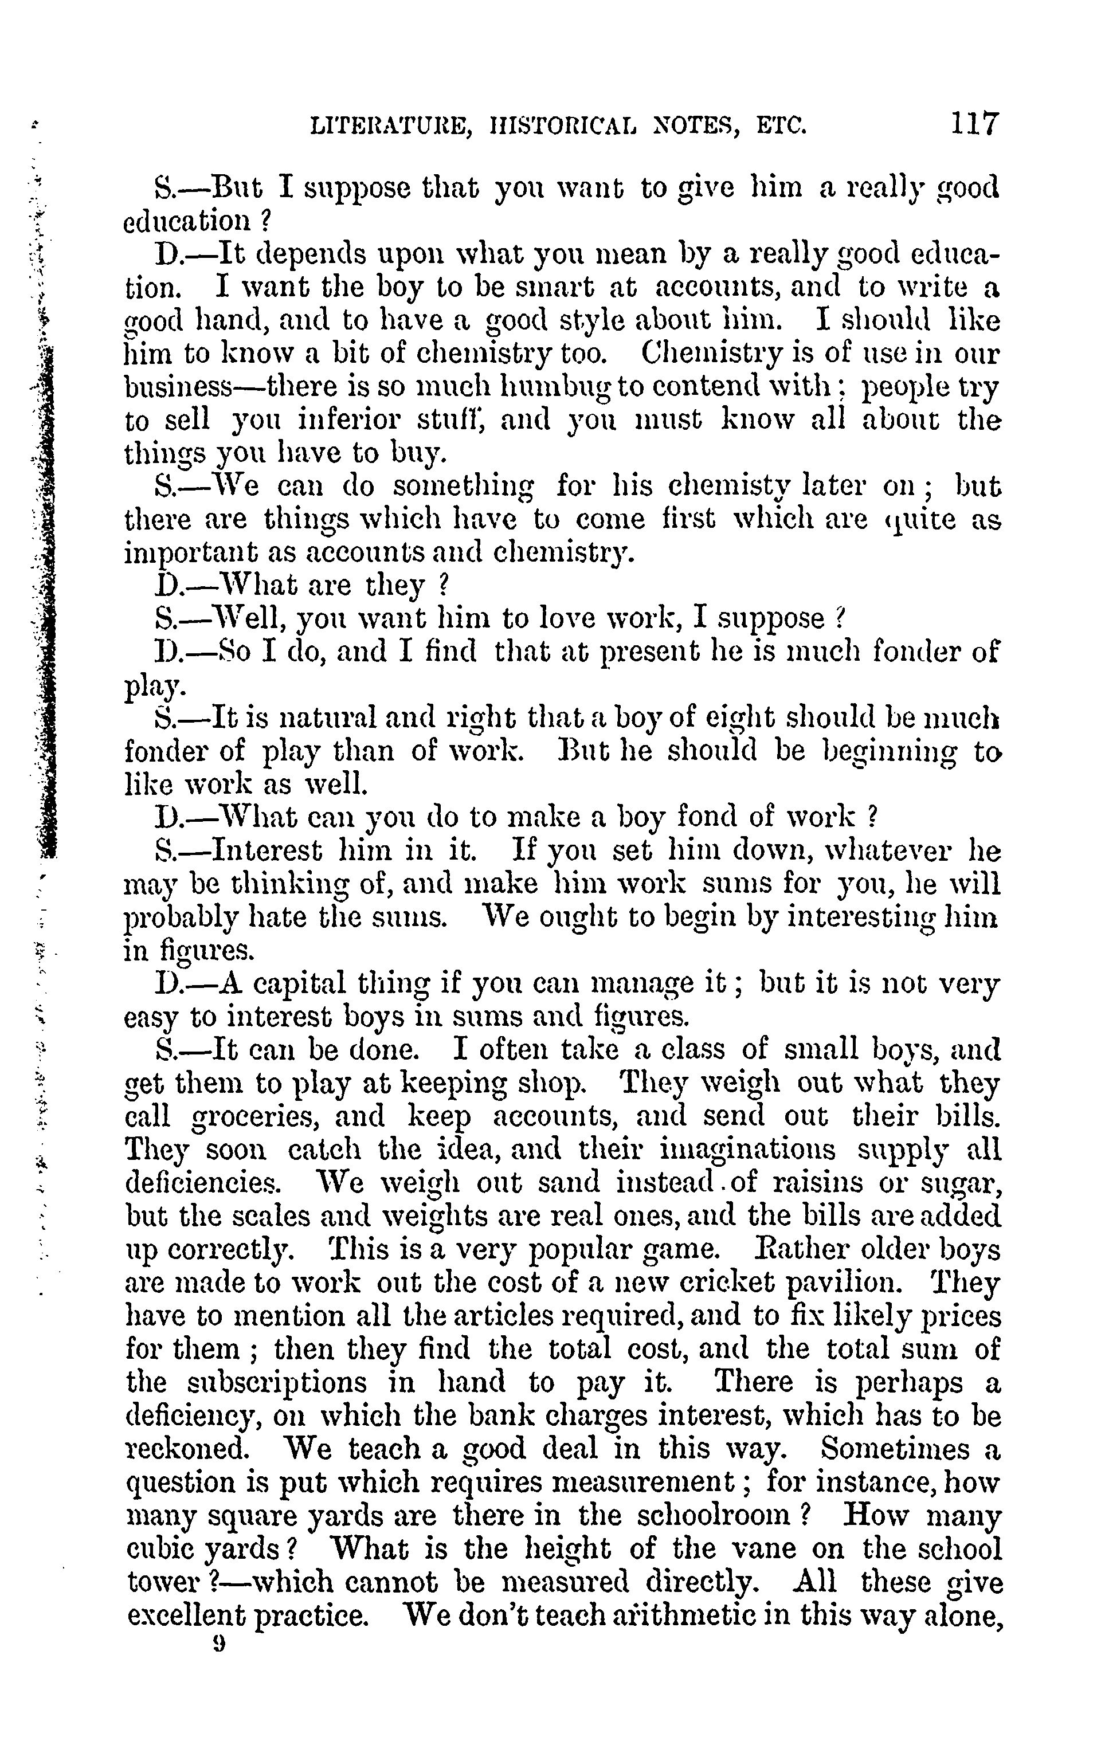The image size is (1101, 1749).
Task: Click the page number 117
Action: (975, 123)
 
